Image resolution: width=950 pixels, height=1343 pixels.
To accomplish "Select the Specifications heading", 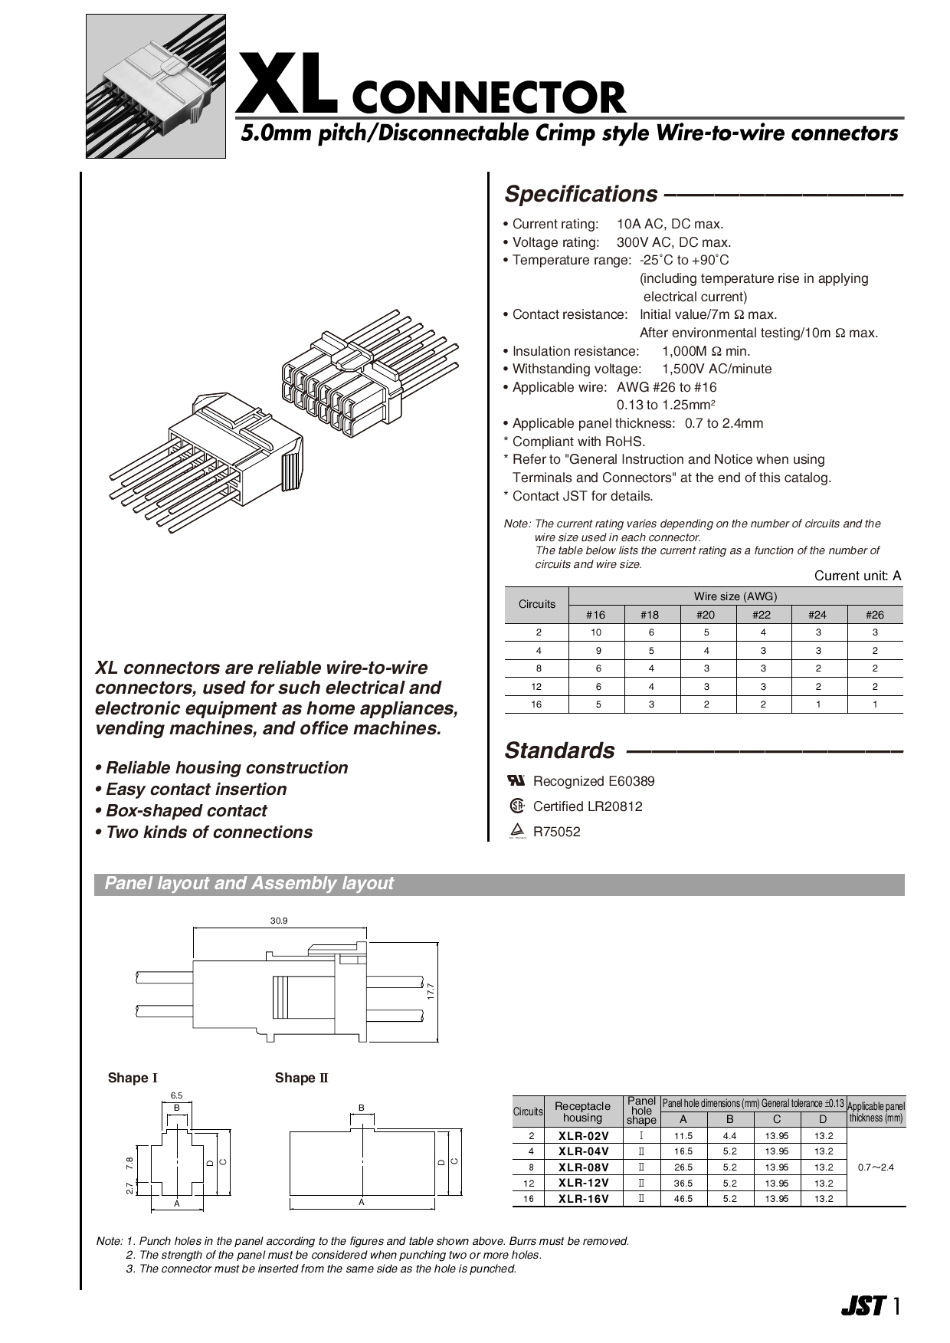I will pyautogui.click(x=581, y=195).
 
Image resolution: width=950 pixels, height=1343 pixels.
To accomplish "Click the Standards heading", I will pyautogui.click(x=559, y=750).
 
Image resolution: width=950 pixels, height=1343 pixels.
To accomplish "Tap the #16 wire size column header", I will pyautogui.click(x=595, y=615).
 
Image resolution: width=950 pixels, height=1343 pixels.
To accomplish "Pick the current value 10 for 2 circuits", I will pyautogui.click(x=596, y=632).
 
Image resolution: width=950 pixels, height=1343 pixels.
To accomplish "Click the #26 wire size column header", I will pyautogui.click(x=874, y=615).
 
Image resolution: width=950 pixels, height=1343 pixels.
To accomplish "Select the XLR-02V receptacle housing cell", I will pyautogui.click(x=583, y=1136).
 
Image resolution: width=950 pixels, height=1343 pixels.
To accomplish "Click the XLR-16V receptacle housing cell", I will pyautogui.click(x=583, y=1199).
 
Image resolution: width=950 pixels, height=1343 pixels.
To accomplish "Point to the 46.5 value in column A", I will pyautogui.click(x=683, y=1199).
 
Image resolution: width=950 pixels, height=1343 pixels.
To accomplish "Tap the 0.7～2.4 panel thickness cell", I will pyautogui.click(x=876, y=1167).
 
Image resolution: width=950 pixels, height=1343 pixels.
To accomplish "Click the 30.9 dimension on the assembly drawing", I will pyautogui.click(x=279, y=921).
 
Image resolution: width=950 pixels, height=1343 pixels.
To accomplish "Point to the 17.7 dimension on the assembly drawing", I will pyautogui.click(x=431, y=991).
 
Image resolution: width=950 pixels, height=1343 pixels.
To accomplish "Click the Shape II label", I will pyautogui.click(x=301, y=1079).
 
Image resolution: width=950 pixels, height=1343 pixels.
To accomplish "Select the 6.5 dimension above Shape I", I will pyautogui.click(x=176, y=1096).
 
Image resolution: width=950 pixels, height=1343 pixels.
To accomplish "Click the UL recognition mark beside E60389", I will pyautogui.click(x=516, y=780).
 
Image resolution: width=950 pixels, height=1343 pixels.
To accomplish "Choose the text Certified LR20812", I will pyautogui.click(x=588, y=806).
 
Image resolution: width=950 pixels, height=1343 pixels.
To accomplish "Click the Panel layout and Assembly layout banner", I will pyautogui.click(x=249, y=884).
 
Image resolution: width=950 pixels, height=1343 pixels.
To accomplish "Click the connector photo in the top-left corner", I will pyautogui.click(x=156, y=86).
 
